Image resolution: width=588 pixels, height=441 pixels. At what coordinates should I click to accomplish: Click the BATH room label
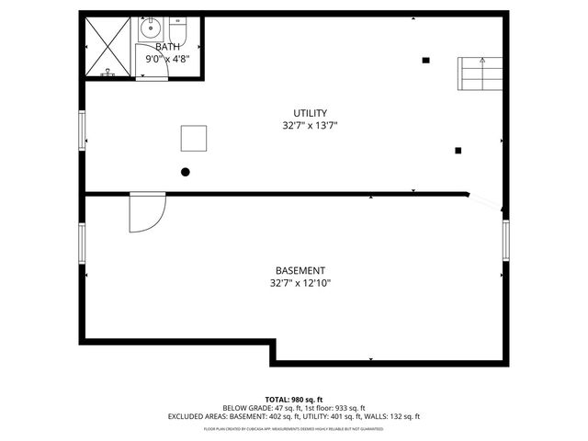(167, 47)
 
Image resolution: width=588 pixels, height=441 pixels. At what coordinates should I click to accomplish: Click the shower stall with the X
(109, 46)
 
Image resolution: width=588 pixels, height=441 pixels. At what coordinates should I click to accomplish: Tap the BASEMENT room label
(300, 271)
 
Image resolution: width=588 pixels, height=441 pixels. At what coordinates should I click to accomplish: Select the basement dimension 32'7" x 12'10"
(300, 284)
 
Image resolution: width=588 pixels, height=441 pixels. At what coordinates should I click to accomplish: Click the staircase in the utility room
(480, 73)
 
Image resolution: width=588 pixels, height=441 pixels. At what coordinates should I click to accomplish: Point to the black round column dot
(186, 172)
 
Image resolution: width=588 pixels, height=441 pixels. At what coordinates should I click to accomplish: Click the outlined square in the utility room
(194, 138)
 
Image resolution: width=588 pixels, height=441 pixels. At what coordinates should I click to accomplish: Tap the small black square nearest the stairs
(425, 61)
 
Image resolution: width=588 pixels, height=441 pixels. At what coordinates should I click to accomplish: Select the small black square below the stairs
(458, 151)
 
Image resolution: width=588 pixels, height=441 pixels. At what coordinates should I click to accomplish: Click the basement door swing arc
(147, 214)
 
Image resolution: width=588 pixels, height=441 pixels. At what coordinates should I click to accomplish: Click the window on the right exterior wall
(504, 241)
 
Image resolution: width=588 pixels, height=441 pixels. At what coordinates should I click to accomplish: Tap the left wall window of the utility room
(83, 130)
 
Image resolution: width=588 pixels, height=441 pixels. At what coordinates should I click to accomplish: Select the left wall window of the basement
(83, 242)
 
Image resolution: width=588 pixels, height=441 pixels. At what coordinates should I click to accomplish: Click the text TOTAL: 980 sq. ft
(294, 400)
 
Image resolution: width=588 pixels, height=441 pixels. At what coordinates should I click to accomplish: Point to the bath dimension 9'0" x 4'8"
(167, 60)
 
